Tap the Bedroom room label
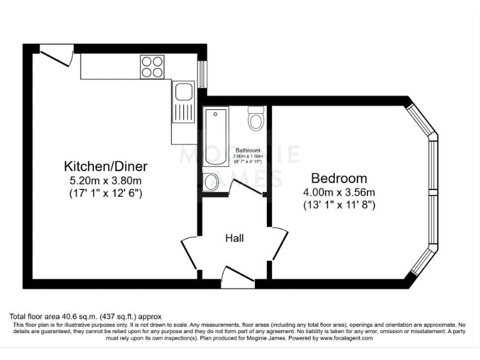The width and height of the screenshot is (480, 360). [x=339, y=177]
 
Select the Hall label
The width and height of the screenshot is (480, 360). [x=234, y=238]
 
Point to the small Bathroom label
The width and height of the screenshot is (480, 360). [x=247, y=151]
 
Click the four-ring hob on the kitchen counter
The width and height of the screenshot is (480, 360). [x=152, y=66]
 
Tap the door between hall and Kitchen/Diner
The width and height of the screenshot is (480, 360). [x=190, y=252]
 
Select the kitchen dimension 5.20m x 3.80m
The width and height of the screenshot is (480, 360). [x=106, y=181]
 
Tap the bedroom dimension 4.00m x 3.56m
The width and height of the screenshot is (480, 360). [x=339, y=192]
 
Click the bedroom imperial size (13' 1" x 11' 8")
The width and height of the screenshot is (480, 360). [x=339, y=204]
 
